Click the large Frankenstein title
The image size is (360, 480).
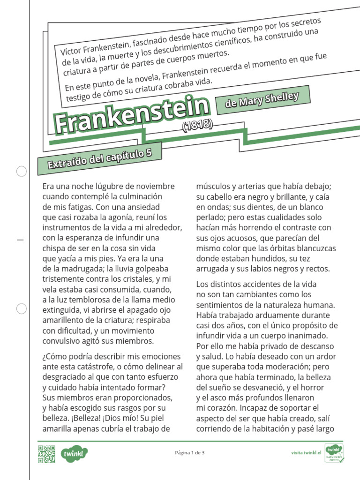point(132,114)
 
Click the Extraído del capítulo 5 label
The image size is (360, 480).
point(100,157)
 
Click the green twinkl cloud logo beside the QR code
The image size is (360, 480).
point(75,453)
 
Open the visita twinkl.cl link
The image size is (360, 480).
point(306,453)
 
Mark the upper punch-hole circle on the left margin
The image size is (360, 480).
point(22,172)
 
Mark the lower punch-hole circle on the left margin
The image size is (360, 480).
point(22,308)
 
